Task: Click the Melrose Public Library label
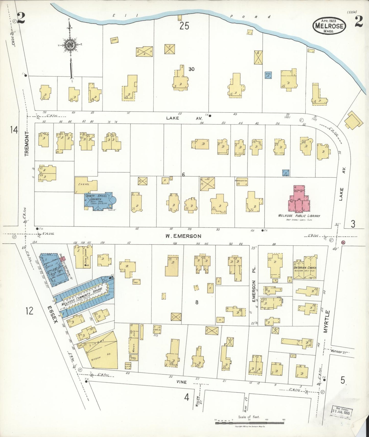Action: pos(299,216)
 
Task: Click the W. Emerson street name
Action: pos(183,236)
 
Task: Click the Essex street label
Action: pos(53,315)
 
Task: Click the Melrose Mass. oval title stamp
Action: pos(329,26)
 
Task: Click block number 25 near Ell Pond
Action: pos(184,26)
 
